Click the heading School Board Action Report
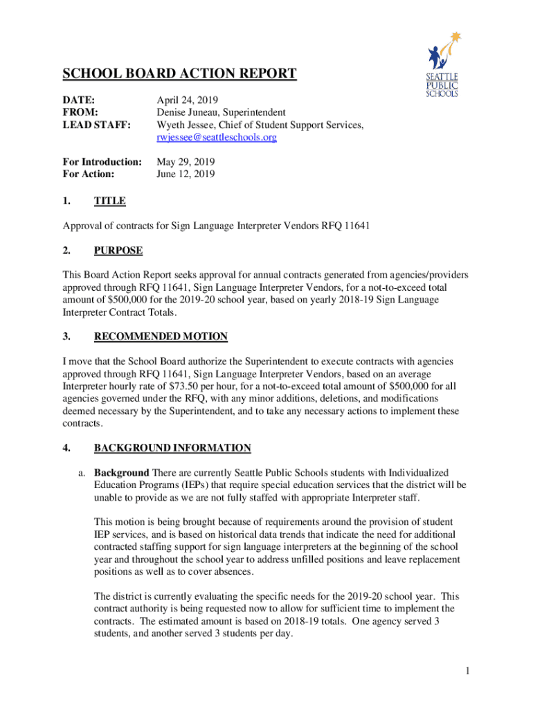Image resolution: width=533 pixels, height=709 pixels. pos(180,74)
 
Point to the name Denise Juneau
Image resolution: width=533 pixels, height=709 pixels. pos(189,112)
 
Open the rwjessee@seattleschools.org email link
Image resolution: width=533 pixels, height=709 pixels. pos(217,138)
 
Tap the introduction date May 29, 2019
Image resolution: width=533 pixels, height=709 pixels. pos(186,162)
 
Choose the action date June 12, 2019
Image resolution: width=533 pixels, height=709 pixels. pos(186,174)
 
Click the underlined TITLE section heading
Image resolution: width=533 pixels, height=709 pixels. pos(109,201)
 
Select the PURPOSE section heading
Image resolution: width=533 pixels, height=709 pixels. pos(119,250)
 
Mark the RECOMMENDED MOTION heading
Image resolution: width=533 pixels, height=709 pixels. pos(161,336)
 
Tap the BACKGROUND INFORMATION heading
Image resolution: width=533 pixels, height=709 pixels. pos(172,447)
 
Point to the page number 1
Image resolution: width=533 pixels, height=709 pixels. pos(468,671)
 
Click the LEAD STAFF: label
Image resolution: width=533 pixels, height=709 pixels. pos(97,125)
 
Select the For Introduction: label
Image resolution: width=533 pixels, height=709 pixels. pos(102,162)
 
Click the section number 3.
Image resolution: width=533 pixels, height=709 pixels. pos(66,336)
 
